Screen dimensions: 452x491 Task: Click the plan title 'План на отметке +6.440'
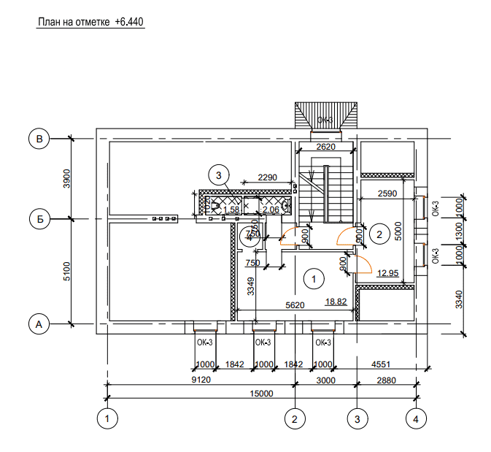click(x=90, y=23)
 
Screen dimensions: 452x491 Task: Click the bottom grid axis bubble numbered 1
click(x=107, y=418)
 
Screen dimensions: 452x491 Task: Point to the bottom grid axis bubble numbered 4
click(x=415, y=418)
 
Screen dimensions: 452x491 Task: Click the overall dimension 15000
click(x=260, y=394)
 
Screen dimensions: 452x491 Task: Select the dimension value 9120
click(x=201, y=380)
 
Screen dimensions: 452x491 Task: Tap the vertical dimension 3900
click(x=66, y=178)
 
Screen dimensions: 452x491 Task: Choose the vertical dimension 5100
click(x=66, y=271)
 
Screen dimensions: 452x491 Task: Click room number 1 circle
click(x=314, y=278)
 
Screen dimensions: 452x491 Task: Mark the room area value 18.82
click(x=336, y=300)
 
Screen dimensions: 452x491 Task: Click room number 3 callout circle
click(x=218, y=175)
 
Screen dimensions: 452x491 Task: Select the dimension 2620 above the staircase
click(x=325, y=148)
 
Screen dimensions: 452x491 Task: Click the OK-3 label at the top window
click(x=325, y=119)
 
